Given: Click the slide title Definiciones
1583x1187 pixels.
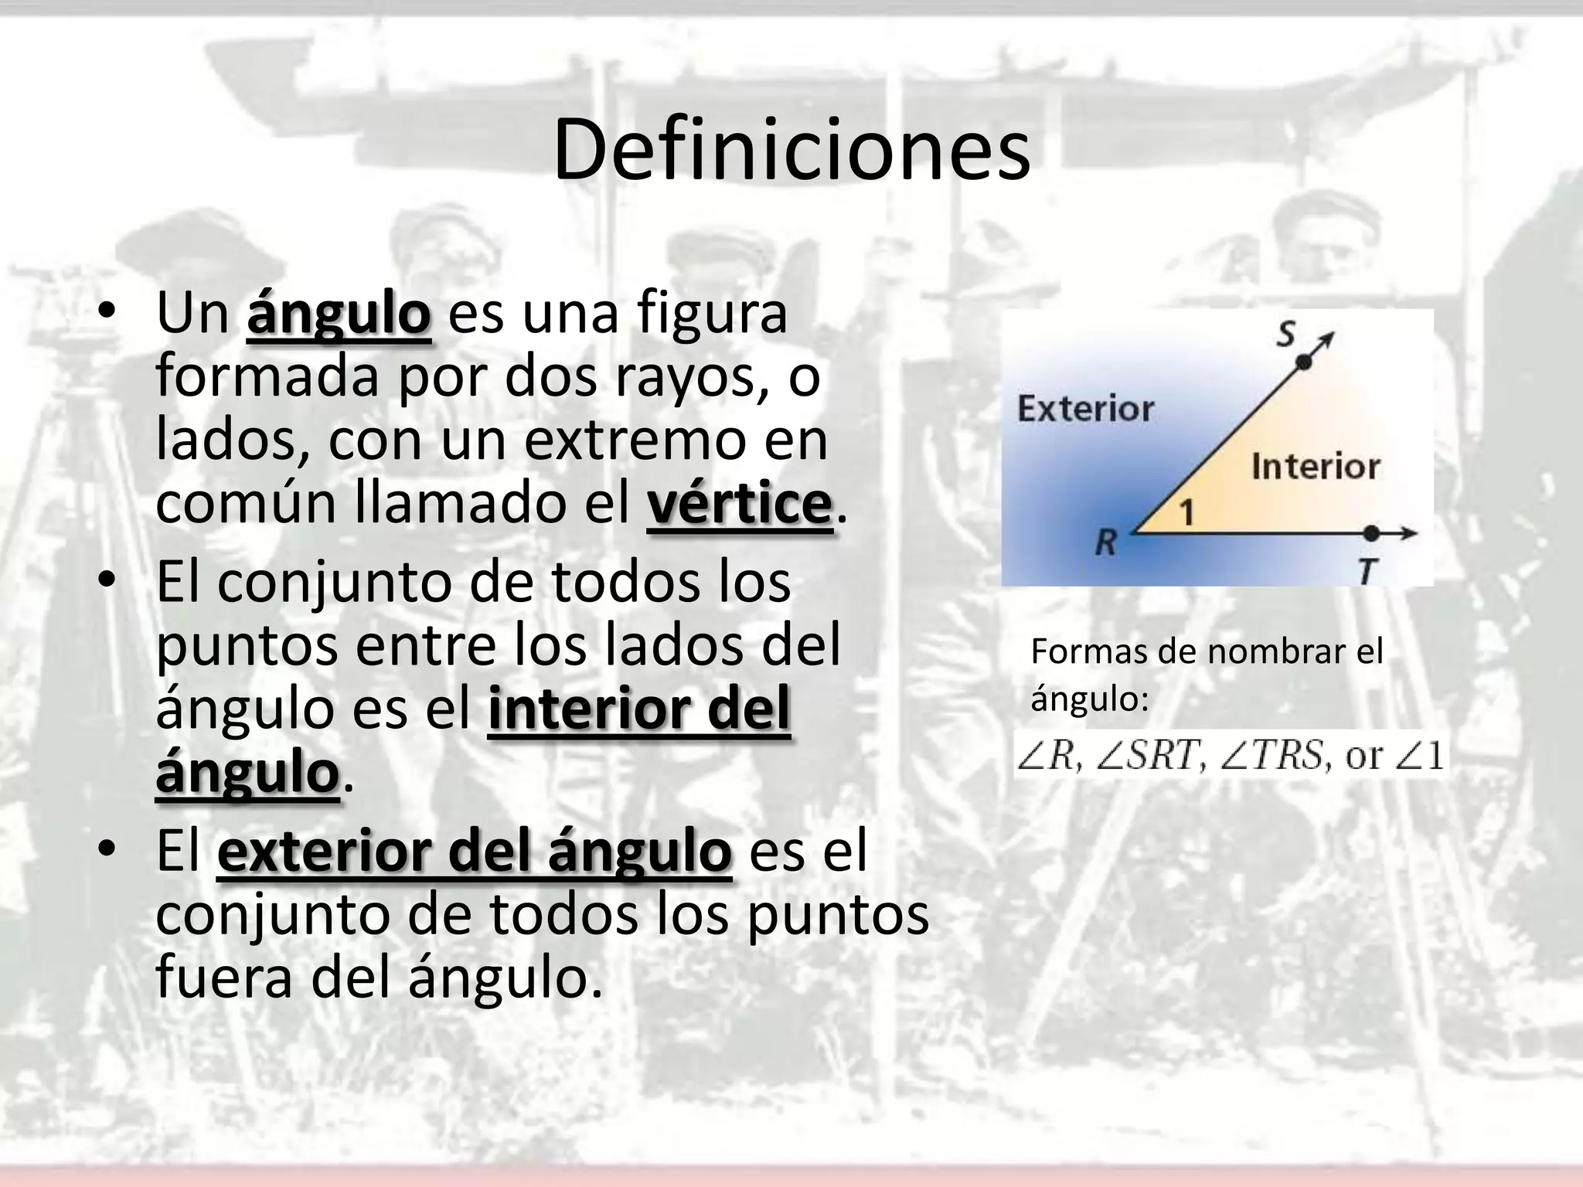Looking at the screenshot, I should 791,150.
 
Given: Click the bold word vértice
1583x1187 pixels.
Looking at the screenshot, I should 739,504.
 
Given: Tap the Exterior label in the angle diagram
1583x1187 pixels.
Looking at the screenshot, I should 1085,409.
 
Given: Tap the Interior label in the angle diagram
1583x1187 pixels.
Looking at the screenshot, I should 1315,467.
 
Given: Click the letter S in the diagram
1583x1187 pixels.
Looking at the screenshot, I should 1285,335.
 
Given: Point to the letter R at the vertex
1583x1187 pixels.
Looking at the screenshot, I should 1106,544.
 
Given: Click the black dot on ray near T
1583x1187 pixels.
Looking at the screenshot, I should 1371,533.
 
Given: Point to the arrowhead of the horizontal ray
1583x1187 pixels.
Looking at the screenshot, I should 1411,533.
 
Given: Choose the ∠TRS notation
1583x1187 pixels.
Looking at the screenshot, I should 1275,755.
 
